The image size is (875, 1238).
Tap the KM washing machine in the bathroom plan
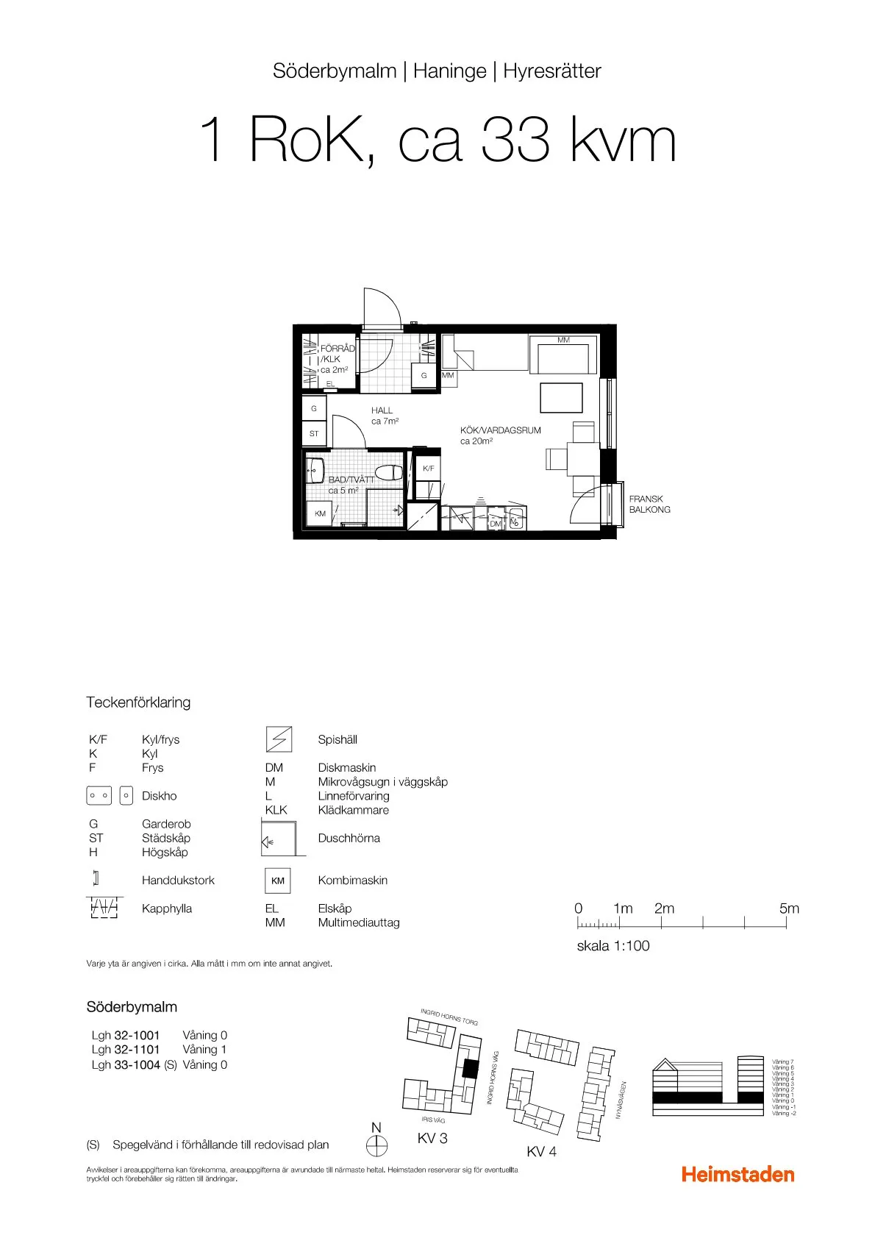tap(320, 513)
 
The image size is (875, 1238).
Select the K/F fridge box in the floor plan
tap(428, 469)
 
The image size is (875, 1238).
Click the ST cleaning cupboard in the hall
tap(314, 433)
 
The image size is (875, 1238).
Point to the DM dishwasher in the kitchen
tap(496, 523)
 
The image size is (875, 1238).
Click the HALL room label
tap(382, 410)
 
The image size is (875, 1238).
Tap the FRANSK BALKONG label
tap(649, 504)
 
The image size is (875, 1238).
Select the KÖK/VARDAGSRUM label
tap(500, 430)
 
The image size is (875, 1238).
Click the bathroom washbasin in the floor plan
tap(316, 469)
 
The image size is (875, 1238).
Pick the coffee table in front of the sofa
tap(561, 398)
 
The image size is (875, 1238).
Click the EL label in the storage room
tap(330, 384)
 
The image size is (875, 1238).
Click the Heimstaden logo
tap(737, 1174)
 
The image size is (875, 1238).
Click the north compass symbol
tap(376, 1145)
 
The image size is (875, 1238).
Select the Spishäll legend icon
tap(279, 739)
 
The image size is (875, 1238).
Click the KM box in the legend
tap(278, 881)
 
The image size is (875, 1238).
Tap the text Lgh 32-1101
tap(126, 1050)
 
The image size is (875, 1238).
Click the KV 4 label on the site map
tap(541, 1152)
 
